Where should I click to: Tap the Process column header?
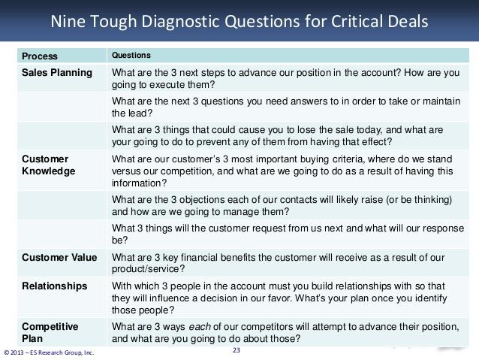tap(40, 56)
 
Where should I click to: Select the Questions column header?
tap(131, 55)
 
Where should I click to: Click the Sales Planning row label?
tap(57, 73)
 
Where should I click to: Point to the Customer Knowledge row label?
tap(49, 165)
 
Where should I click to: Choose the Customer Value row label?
tap(59, 257)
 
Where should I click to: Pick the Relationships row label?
tap(55, 286)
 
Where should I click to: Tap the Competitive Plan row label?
tap(50, 332)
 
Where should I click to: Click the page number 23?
tap(236, 350)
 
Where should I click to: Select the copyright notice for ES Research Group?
tap(49, 352)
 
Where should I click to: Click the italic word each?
tap(200, 327)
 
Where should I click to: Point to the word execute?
tap(167, 85)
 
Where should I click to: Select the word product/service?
tap(148, 269)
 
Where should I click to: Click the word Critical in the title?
tap(357, 21)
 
